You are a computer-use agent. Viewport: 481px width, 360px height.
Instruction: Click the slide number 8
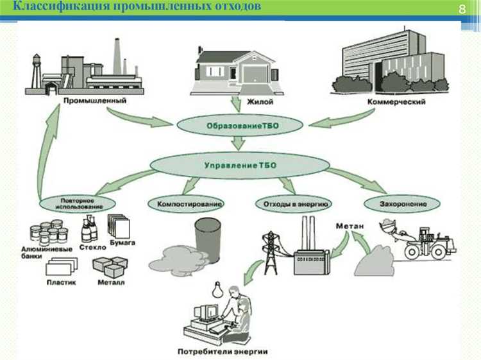pos(461,10)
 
